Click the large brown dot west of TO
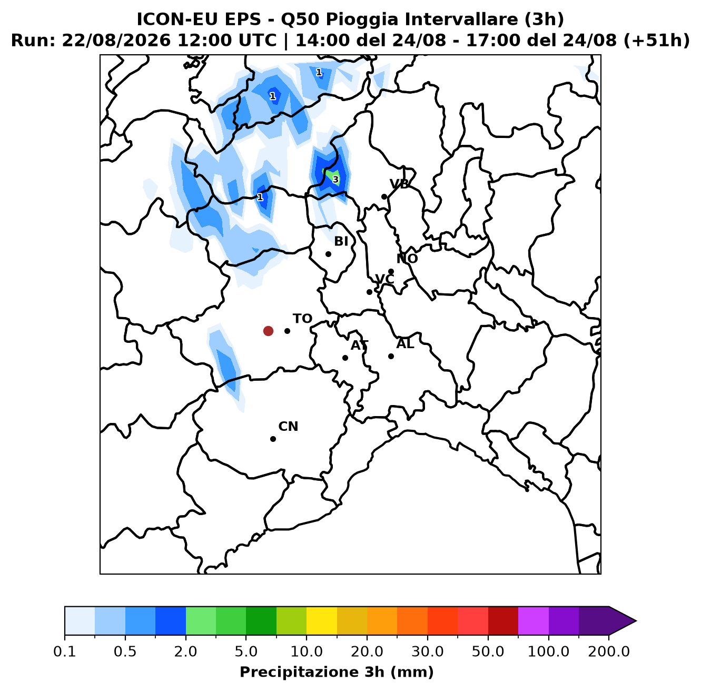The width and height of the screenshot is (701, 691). (268, 331)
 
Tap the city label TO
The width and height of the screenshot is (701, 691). (302, 319)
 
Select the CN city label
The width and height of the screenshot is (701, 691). (288, 426)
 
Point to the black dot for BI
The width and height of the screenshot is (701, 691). (328, 254)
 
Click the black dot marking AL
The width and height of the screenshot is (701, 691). (391, 356)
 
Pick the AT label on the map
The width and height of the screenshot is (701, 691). (359, 346)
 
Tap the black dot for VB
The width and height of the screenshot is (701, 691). (384, 196)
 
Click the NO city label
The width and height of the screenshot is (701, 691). (407, 259)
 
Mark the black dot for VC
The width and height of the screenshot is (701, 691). (369, 292)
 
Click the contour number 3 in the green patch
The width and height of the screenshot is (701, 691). (335, 180)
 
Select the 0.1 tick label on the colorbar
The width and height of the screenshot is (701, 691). (65, 651)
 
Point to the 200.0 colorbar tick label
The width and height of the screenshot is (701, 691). (609, 651)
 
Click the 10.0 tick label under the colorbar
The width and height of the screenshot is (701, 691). (307, 651)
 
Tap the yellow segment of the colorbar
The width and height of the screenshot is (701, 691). (322, 621)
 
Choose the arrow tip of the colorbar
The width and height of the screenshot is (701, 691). (636, 621)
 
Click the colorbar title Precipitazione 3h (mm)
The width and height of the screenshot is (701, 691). (337, 672)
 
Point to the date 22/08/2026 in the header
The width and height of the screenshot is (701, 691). (116, 41)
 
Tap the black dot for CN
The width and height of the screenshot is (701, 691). (273, 439)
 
